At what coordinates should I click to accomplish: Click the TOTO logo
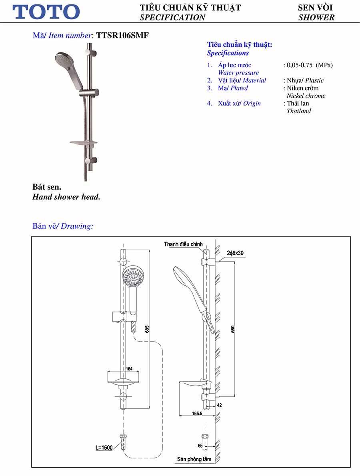click(x=46, y=12)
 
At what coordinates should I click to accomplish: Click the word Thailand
click(x=298, y=111)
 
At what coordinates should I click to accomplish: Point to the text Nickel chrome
click(x=306, y=96)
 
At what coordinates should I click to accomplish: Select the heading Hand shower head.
click(x=66, y=197)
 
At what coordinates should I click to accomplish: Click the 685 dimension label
click(x=147, y=329)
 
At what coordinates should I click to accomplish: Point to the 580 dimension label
click(x=233, y=329)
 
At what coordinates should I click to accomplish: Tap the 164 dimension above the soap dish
click(x=129, y=369)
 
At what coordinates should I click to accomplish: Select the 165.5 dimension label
click(x=197, y=414)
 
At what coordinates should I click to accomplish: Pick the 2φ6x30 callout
click(x=235, y=253)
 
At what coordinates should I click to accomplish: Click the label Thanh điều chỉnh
click(x=183, y=244)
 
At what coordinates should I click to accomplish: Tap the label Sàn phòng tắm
click(x=194, y=459)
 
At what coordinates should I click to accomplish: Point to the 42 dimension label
click(x=219, y=405)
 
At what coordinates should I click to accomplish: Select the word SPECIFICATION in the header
click(x=172, y=17)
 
